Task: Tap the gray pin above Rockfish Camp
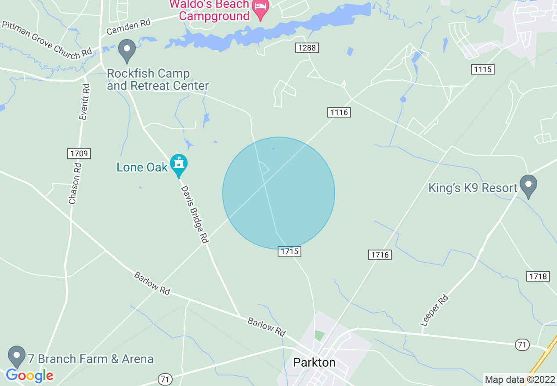coord(127,50)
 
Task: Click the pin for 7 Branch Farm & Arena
coord(17,356)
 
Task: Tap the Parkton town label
coord(314,363)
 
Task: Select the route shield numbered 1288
coord(307,48)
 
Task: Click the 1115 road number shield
coord(484,69)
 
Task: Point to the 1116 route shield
coord(339,112)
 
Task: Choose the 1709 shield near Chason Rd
coord(79,154)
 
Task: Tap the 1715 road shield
coord(289,251)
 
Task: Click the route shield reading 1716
coord(380,254)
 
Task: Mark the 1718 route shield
coord(538,276)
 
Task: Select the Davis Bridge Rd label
coord(194,214)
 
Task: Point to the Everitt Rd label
coord(84,102)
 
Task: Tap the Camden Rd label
coord(128,28)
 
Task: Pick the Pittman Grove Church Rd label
coord(47,40)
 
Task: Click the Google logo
coord(30,375)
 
